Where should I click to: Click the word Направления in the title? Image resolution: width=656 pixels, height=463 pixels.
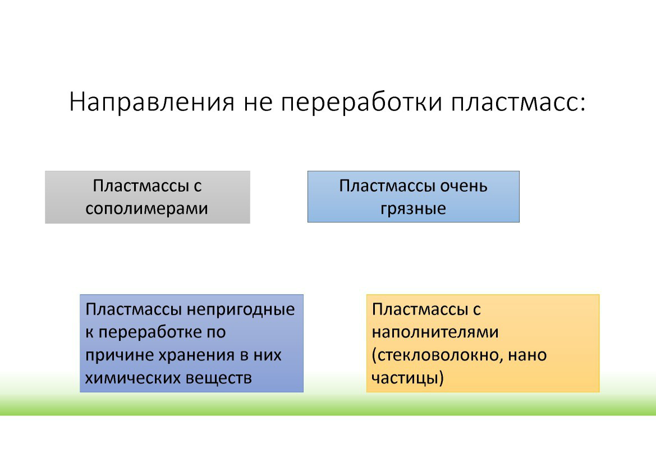point(152,103)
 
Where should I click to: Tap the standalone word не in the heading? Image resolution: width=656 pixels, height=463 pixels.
point(257,103)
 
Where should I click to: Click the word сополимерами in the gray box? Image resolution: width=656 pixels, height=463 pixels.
point(146,209)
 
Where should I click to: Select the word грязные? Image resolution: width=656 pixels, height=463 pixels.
point(413,209)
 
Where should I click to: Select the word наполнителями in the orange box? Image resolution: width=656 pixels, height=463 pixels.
point(435,332)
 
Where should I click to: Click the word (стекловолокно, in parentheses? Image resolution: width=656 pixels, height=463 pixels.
point(433,355)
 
